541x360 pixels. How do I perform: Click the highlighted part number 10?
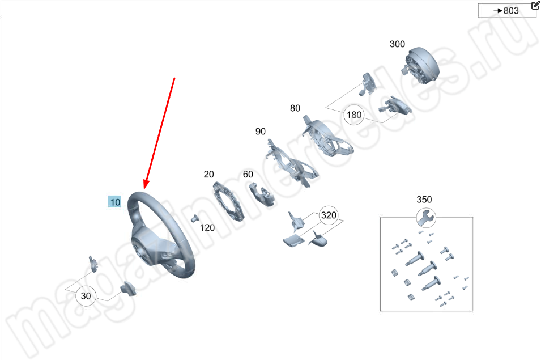point(114,202)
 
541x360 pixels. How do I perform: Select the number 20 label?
point(208,174)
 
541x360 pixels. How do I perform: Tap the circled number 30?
point(86,296)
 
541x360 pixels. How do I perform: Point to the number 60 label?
point(248,174)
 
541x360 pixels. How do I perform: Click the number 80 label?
point(295,108)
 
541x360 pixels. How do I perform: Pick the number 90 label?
point(261,132)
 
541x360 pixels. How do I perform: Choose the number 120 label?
point(207,228)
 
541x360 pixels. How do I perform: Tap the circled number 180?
point(354,115)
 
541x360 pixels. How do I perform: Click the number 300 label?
point(397,44)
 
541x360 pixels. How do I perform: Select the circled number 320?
point(329,215)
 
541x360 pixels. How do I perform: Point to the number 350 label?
point(424,200)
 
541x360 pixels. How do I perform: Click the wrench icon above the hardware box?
point(426,218)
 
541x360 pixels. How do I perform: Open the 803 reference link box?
point(506,11)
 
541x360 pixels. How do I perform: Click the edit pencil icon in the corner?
point(535,5)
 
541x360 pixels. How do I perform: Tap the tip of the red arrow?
point(145,189)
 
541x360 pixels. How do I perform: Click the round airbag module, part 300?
point(421,66)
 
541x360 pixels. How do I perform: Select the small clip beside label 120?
point(195,218)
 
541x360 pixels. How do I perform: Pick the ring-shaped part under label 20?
point(228,201)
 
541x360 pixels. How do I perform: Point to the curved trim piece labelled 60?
point(262,194)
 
